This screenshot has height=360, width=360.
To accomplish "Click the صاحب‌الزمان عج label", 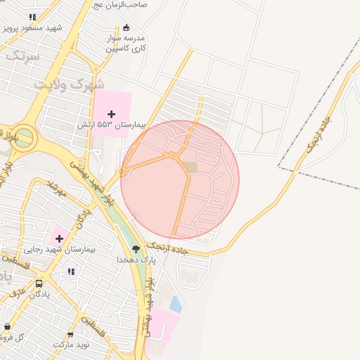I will pos(122,4).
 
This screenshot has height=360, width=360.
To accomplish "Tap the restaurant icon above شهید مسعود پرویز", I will pos(32,17).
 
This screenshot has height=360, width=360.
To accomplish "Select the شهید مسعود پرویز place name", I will pos(32,28).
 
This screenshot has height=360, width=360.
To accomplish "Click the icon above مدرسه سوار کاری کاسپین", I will pos(126,27).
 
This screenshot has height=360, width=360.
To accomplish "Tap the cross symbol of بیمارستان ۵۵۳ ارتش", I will pos(111,113).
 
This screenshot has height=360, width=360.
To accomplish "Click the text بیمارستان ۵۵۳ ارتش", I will pos(111,124).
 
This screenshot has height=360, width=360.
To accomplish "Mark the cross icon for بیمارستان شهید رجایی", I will pos(59,238).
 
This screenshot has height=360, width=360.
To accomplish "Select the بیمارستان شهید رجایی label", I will pos(70,250).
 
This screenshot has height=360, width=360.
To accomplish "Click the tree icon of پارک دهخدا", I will pos(136,248).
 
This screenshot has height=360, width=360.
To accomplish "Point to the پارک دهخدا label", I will pos(136,259).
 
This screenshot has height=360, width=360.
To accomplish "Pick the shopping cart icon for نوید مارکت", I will pos(70,335).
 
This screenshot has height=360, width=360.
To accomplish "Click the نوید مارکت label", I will pos(71,345).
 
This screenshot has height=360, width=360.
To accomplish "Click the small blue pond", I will pos(175,304).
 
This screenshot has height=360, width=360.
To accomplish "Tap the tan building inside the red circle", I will pos(190,167).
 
